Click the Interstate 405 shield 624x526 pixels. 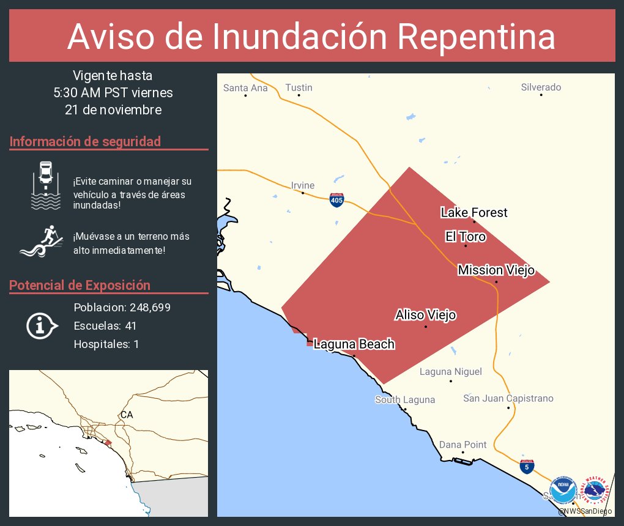point(336,200)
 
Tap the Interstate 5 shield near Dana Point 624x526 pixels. point(526,466)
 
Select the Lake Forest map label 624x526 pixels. point(474,213)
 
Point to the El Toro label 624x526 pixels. point(466,237)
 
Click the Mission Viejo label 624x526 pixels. point(496,270)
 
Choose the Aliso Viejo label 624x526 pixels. point(426,315)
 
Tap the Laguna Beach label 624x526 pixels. point(354,344)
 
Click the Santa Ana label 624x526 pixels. point(245,87)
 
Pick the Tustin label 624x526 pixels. point(299,87)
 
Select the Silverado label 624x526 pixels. point(541,87)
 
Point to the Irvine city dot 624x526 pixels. point(303,193)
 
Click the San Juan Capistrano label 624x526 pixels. point(508,398)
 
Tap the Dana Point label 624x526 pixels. point(463,445)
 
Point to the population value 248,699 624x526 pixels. point(146,307)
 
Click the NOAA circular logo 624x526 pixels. point(563,491)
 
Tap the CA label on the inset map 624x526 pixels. point(127,415)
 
